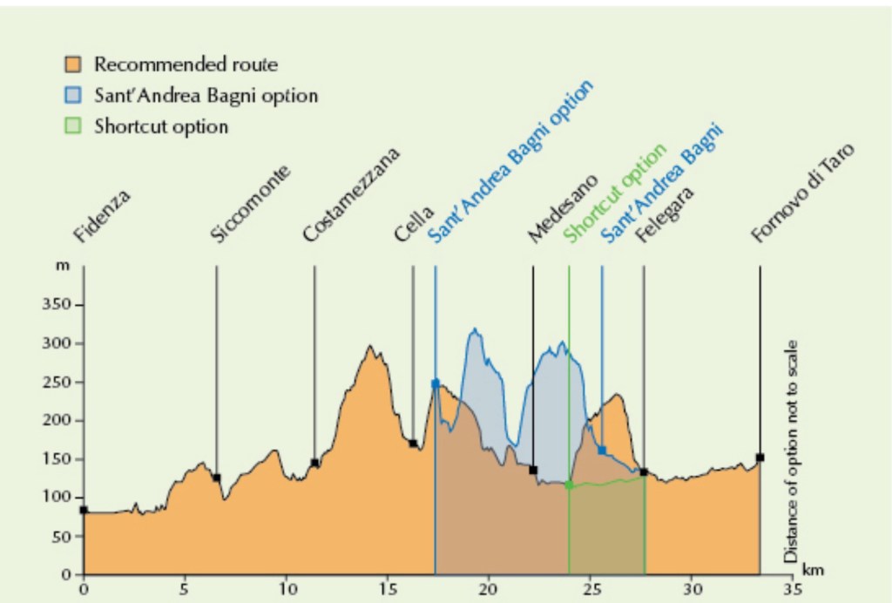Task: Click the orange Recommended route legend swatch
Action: click(74, 64)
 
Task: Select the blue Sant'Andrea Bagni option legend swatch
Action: click(74, 95)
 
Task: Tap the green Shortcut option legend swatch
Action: click(74, 125)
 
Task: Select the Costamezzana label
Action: click(351, 194)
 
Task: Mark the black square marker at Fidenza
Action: click(84, 510)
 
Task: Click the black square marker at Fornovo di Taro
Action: click(760, 457)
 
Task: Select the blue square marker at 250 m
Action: click(435, 383)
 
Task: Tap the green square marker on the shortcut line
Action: click(569, 484)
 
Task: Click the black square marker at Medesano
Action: click(533, 470)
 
